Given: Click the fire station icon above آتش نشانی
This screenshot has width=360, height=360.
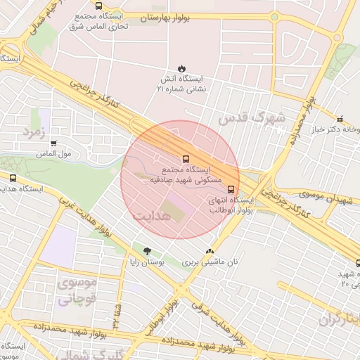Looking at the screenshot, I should (182, 68).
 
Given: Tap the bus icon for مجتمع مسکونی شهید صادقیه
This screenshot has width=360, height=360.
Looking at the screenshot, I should (186, 159).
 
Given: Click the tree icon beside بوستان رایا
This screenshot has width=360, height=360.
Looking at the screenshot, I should (147, 251).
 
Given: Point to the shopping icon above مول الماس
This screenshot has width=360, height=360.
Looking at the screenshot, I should (53, 143).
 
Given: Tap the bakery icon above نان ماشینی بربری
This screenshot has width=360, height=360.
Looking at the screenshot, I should (209, 251).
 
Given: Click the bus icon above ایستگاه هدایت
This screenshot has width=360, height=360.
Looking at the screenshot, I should (13, 178).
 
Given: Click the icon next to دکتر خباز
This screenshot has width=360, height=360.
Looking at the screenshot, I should (340, 119).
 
